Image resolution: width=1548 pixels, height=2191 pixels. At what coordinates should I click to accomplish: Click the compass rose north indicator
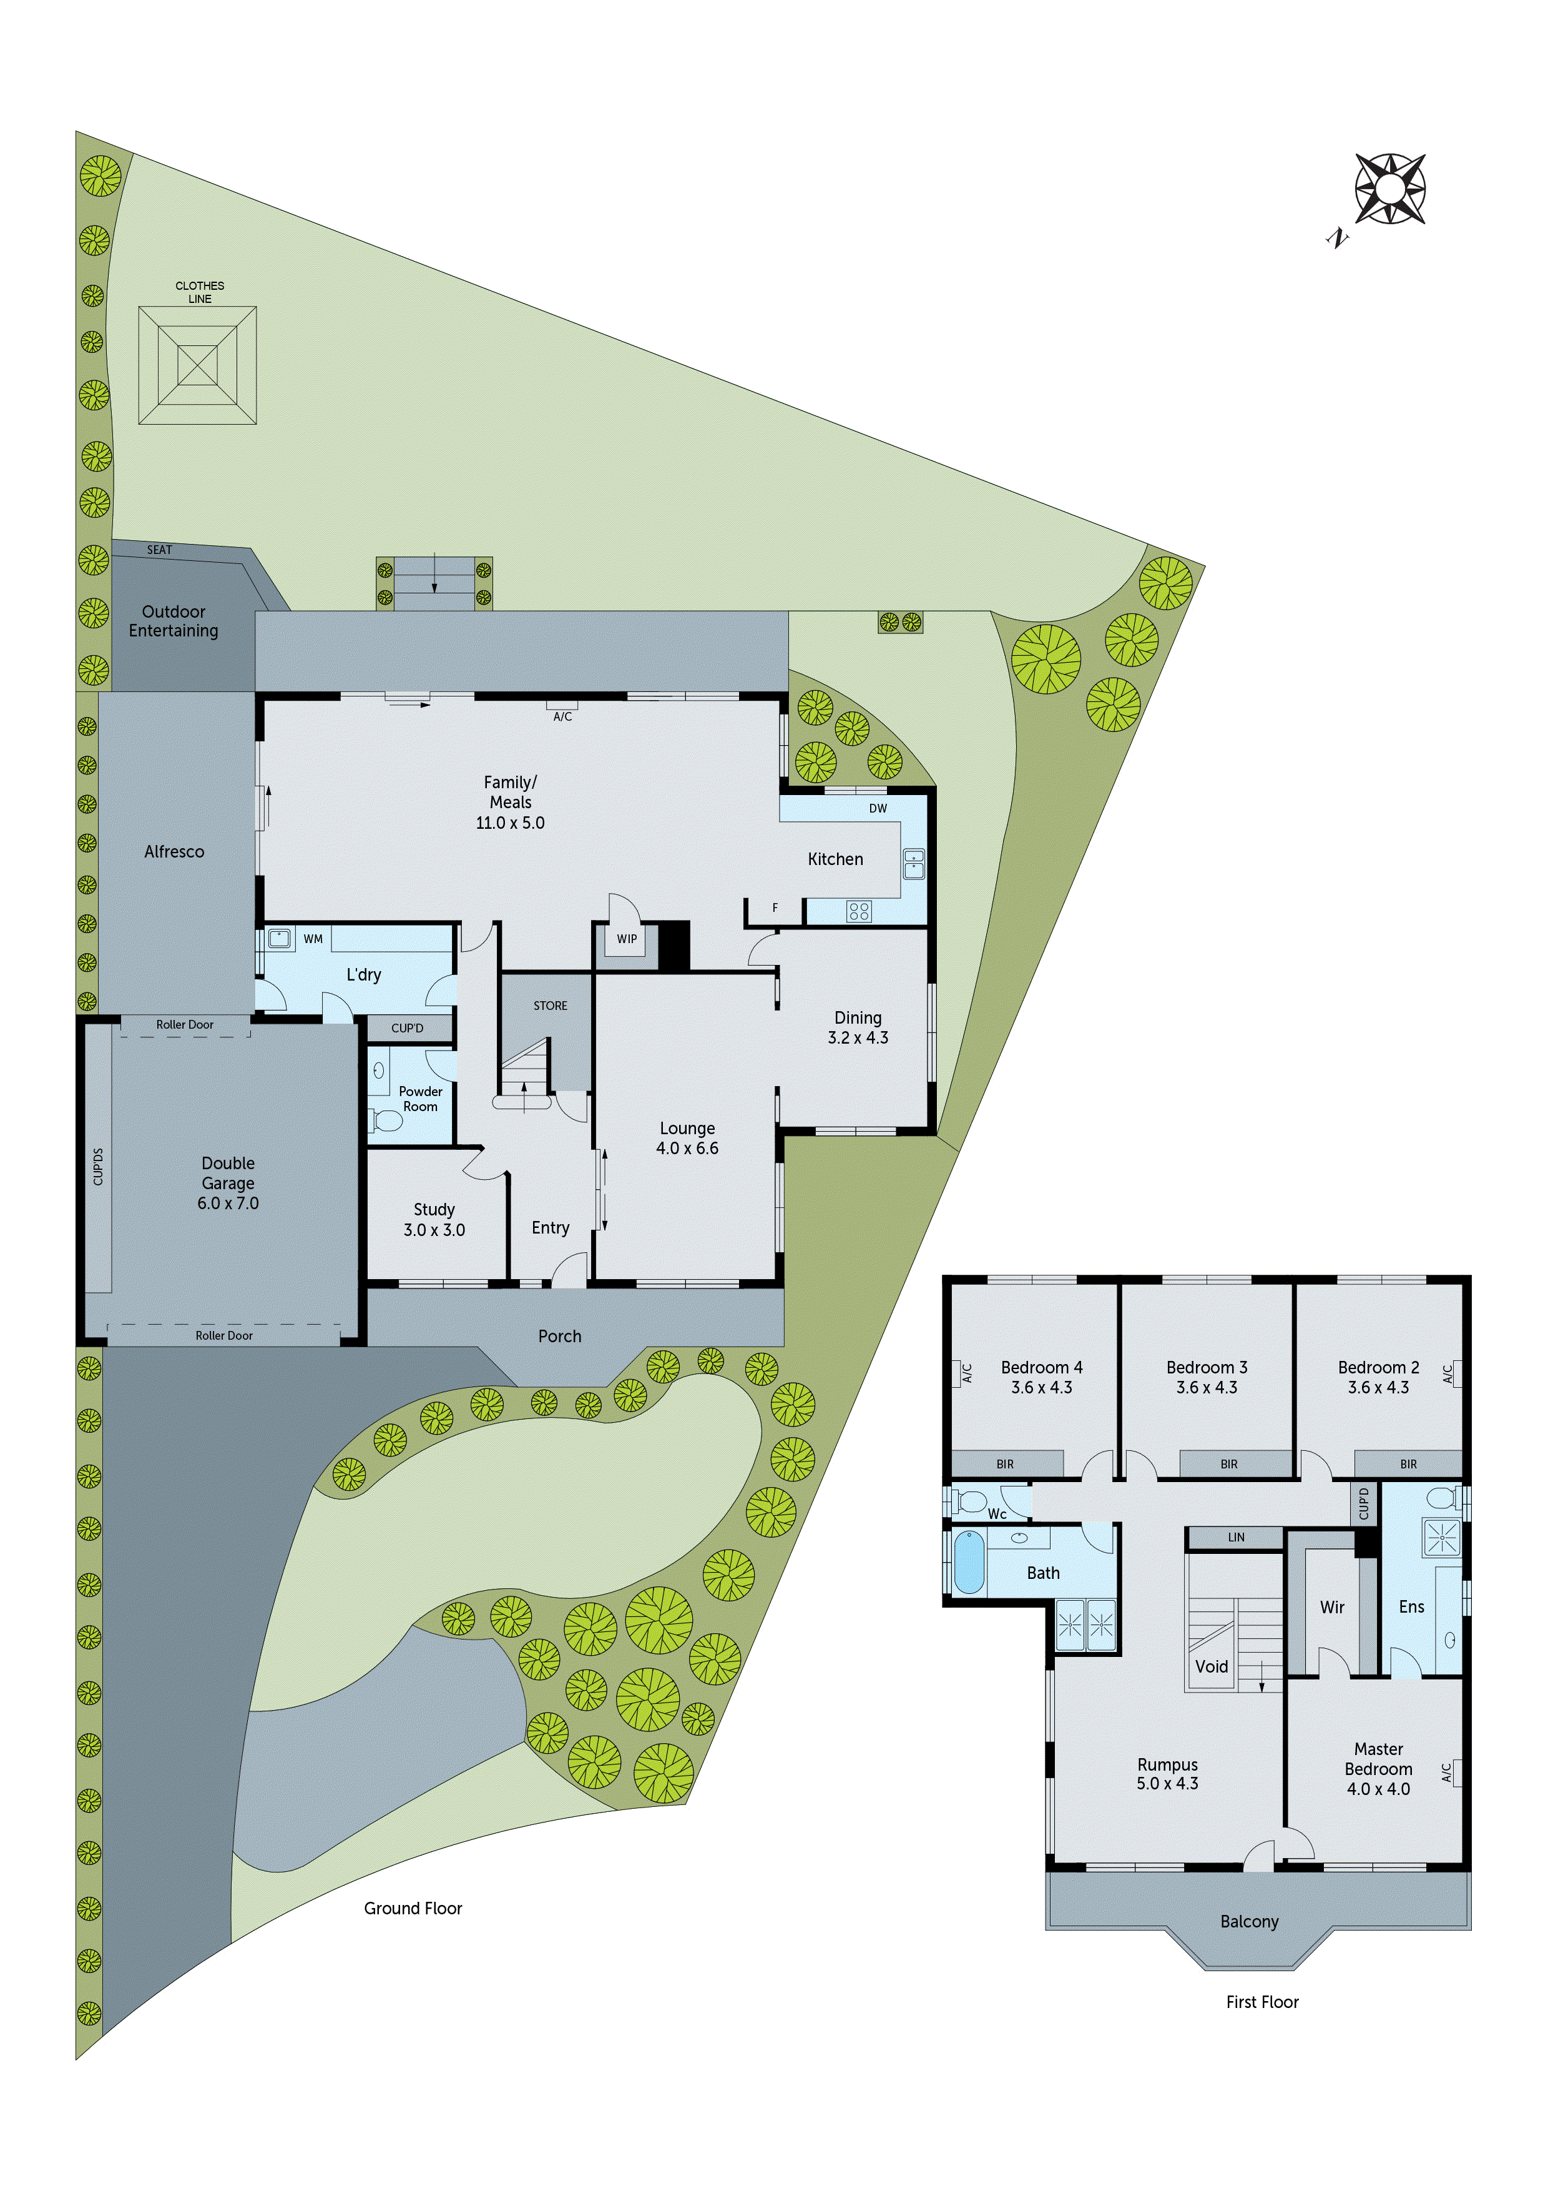click(1389, 189)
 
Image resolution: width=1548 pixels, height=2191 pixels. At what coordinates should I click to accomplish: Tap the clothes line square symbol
click(197, 365)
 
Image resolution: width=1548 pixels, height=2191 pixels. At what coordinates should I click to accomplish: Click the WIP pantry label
click(627, 939)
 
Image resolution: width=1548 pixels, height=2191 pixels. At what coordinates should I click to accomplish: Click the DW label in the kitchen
click(878, 808)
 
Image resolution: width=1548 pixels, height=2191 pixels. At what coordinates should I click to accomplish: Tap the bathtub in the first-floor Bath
click(969, 1562)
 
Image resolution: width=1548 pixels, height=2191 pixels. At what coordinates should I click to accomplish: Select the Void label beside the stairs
click(1212, 1666)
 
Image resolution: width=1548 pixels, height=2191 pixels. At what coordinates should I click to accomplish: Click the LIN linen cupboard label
click(1236, 1537)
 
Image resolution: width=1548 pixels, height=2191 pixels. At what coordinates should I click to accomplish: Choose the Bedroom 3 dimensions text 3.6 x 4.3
click(1207, 1388)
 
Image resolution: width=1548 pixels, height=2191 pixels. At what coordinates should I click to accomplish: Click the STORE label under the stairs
click(551, 1006)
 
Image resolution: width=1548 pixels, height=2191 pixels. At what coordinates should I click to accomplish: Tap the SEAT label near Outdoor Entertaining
click(159, 550)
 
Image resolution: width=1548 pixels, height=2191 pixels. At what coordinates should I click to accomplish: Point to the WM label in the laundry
click(313, 939)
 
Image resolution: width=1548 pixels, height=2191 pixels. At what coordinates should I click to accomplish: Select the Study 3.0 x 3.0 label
click(434, 1220)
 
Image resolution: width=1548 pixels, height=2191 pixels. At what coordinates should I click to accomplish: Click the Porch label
click(560, 1336)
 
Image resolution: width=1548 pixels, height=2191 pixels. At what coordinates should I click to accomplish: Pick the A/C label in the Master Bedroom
click(1447, 1772)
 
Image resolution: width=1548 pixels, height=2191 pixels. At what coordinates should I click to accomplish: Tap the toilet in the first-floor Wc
click(971, 1502)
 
